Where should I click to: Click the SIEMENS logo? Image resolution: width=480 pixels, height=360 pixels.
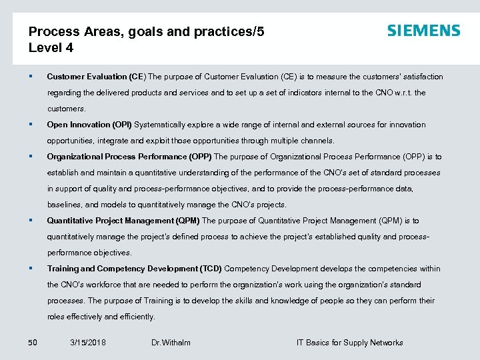[423, 31]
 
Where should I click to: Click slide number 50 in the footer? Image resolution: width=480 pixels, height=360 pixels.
[33, 343]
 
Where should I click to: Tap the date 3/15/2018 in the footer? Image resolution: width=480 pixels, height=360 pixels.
[87, 343]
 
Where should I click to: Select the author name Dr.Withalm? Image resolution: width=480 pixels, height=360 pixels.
[171, 343]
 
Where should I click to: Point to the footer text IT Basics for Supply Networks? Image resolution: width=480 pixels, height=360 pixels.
[349, 343]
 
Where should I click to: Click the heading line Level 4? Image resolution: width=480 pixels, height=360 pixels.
[51, 48]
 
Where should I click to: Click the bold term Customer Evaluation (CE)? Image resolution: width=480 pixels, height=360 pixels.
[96, 77]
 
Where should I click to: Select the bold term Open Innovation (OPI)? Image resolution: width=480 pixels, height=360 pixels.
[89, 125]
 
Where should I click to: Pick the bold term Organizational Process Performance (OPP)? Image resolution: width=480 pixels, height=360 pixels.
[129, 157]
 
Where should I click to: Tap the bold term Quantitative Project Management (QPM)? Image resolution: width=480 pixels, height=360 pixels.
[123, 221]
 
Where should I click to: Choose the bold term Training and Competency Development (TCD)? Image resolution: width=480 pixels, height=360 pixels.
[134, 269]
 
